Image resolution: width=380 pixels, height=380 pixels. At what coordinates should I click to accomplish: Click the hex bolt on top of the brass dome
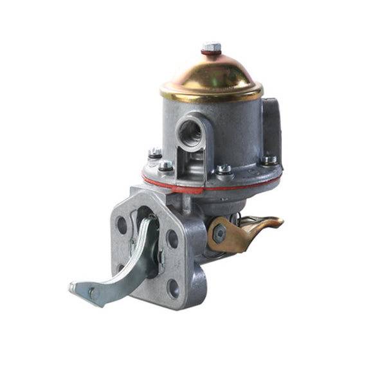click(x=211, y=48)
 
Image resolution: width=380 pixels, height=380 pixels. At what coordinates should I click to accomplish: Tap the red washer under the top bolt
click(x=211, y=53)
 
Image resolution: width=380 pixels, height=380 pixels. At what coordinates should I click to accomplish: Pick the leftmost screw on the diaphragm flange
click(x=155, y=153)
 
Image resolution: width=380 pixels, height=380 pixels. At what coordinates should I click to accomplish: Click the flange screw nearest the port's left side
click(x=166, y=166)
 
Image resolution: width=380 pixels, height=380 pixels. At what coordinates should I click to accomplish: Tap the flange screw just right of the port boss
click(x=224, y=170)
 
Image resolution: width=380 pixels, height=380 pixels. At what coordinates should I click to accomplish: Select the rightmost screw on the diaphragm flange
click(x=269, y=160)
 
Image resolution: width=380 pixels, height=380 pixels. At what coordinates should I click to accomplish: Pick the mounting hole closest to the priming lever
click(x=172, y=239)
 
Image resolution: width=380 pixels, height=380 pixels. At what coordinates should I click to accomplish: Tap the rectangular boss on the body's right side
click(x=271, y=129)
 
